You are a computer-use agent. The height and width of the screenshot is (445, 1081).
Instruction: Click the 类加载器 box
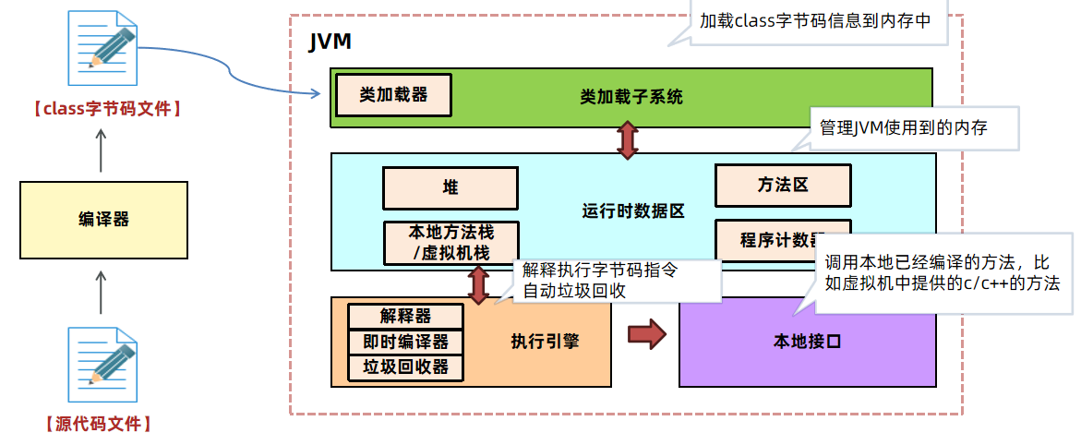pos(393,95)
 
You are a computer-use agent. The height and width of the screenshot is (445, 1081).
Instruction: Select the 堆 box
pos(450,187)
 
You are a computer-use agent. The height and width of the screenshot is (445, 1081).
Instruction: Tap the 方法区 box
pos(782,185)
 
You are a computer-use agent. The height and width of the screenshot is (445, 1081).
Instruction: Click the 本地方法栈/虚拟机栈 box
pos(450,242)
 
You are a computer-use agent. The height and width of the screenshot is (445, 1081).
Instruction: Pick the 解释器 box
pos(405,316)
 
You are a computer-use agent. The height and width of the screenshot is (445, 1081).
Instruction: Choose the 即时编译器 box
pos(405,342)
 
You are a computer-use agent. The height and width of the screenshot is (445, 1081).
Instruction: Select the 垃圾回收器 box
pos(405,367)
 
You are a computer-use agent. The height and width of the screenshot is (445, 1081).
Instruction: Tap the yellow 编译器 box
pos(103,219)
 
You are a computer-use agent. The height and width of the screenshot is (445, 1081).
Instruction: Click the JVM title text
pos(329,42)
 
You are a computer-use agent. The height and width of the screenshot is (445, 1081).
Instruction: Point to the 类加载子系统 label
pos(631,96)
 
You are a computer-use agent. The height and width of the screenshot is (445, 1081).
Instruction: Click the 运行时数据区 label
pos(633,211)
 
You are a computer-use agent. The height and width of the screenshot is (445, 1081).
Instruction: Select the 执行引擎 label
pos(545,342)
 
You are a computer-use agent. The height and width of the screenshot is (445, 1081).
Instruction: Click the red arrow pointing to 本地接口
pos(646,334)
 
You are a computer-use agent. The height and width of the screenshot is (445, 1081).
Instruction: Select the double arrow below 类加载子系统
pos(628,139)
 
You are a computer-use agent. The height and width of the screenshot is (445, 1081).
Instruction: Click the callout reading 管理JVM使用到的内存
pos(903,128)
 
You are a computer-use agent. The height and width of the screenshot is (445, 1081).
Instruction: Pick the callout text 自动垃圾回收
pos(576,291)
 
